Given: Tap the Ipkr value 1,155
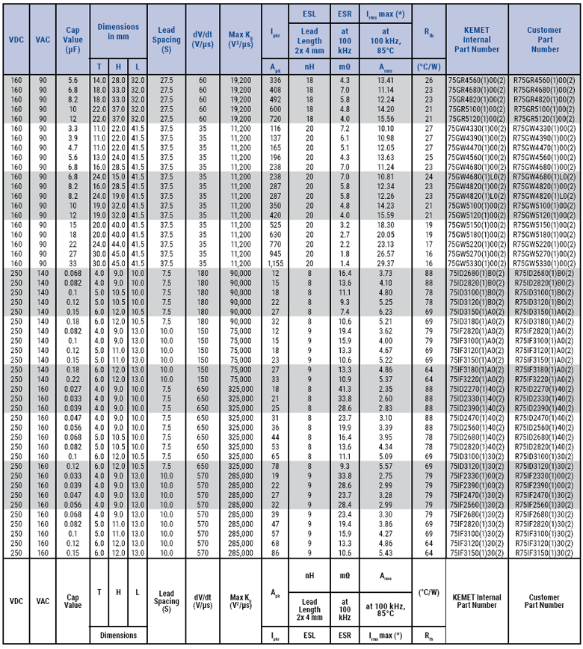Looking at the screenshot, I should pos(275,263).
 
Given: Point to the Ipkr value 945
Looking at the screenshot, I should pos(275,253).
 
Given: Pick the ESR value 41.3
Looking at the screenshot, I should pos(344,389).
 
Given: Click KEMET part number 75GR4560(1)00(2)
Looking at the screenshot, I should pos(476,79).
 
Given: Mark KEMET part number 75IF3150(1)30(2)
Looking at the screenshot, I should pos(476,553).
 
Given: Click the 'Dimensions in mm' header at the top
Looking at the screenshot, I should pos(118,31).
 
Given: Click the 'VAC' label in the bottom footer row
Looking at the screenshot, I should pos(43,601).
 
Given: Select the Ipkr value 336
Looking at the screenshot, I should pos(275,79).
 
